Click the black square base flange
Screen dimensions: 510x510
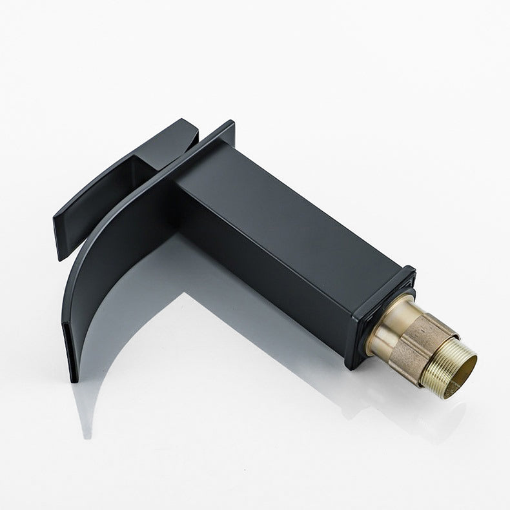point(381,316)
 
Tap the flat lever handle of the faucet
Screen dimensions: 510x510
point(110,194)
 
